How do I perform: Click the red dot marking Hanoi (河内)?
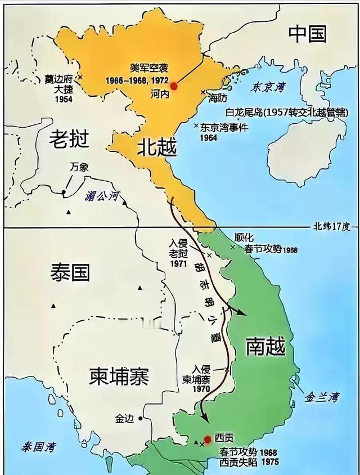click(x=174, y=86)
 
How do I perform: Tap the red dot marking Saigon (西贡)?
click(x=208, y=440)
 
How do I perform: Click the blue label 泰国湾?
click(x=39, y=448)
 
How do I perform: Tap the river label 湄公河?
click(x=102, y=196)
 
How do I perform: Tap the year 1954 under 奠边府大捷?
click(x=64, y=99)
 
